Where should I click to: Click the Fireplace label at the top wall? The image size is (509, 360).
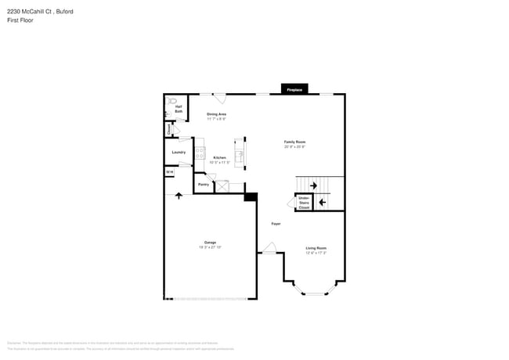tap(294, 90)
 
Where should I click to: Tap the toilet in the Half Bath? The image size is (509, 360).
tap(172, 101)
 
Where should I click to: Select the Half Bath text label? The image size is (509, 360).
tap(179, 110)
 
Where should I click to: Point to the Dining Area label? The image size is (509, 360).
tap(217, 114)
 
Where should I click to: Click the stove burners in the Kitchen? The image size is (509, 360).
tap(200, 153)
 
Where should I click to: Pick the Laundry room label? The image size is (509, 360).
tap(179, 152)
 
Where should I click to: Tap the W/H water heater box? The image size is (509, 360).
tap(169, 172)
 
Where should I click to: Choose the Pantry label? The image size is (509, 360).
tap(203, 185)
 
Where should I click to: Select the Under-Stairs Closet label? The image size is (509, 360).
tap(304, 203)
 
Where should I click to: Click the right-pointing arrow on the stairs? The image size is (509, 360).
tap(313, 185)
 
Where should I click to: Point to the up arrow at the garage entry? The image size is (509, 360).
tap(179, 195)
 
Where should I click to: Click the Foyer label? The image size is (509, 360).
tap(276, 224)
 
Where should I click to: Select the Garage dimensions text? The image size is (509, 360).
tap(211, 247)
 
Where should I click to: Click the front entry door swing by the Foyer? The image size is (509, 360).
tap(269, 248)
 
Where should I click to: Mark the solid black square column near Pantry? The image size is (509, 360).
tap(251, 196)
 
